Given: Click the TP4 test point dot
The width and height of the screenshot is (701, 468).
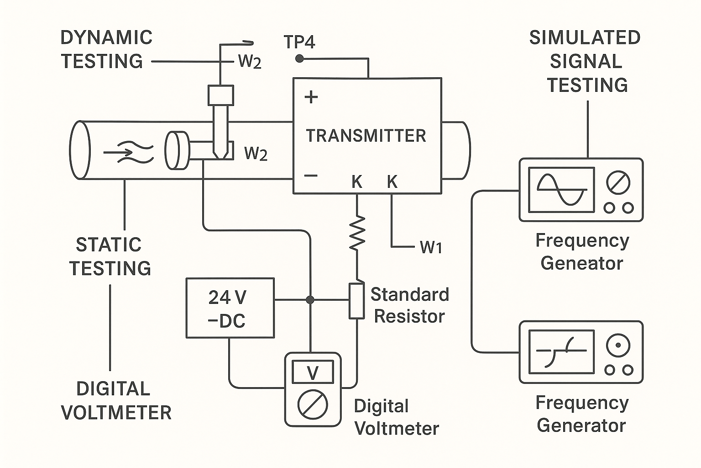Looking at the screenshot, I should (299, 58).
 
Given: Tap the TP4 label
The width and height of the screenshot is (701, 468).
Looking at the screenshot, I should (299, 42).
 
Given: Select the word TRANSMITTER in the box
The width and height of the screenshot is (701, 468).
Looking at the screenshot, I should (366, 136).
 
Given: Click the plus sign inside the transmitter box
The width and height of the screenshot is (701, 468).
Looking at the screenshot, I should (311, 97).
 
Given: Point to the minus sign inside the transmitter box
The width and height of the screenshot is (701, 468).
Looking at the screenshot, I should (311, 175).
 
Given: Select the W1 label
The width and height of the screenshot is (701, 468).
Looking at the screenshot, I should (431, 247).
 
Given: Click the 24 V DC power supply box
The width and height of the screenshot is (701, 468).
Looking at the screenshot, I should (230, 308).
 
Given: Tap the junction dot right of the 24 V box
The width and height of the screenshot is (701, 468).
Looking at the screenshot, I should (310, 300).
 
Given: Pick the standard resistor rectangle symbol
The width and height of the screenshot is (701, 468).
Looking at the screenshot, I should (356, 300).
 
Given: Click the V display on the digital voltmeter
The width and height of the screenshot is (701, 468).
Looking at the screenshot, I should (313, 372).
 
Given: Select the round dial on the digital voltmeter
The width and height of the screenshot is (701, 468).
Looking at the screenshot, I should (313, 403).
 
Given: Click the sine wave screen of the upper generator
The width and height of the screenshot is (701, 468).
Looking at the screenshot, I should (561, 190).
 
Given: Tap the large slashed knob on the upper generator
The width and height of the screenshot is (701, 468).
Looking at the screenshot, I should (618, 183).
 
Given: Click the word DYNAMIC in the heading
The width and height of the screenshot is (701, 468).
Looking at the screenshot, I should (106, 37).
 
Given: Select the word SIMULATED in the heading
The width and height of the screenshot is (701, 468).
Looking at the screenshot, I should (585, 37).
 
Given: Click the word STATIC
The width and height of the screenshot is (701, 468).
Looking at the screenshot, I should (109, 245).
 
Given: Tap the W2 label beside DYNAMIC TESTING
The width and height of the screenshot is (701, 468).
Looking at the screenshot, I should (250, 62).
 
